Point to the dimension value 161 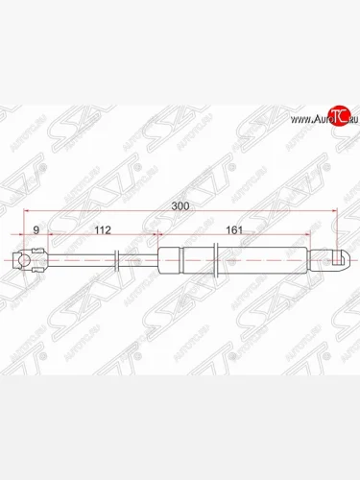231,229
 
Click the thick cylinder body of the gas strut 230,259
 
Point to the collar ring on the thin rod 117,259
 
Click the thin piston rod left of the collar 82,259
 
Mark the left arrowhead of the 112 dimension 48,237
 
